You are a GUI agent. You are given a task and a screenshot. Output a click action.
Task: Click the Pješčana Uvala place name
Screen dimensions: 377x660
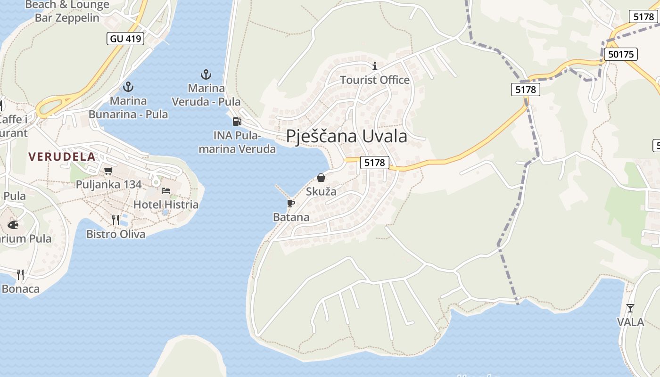point(346,136)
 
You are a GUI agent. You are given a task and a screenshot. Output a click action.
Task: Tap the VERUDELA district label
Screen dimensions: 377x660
point(62,156)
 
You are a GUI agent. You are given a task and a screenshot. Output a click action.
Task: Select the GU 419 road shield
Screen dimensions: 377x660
point(126,39)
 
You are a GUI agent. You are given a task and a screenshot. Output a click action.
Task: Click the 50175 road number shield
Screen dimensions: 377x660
point(621,54)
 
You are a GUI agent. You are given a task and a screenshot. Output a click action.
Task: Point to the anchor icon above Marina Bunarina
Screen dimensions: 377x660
point(128,87)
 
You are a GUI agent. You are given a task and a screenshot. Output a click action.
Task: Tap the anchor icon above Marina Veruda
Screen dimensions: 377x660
point(206,74)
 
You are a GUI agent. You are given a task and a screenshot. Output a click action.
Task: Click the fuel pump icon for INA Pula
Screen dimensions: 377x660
point(237,122)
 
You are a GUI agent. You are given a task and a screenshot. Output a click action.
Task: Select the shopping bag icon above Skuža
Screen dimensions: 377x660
point(321,178)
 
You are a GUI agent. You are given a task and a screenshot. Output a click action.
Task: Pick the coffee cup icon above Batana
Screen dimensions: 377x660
point(291,203)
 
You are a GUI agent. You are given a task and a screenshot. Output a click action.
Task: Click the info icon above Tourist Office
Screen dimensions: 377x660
point(375,66)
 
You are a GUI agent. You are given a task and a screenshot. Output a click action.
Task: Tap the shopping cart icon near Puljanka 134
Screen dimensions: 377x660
point(108,171)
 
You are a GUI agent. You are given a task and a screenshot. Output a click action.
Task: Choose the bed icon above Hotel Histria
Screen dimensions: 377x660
point(166,191)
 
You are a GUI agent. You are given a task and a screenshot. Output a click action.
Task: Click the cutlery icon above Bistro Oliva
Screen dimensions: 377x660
point(115,220)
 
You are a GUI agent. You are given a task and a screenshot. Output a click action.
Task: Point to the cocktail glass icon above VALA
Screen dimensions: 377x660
point(630,308)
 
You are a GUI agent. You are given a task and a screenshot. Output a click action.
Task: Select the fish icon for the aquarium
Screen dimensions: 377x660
point(13,225)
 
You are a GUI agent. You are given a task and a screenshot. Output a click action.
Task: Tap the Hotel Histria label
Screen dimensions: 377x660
point(166,205)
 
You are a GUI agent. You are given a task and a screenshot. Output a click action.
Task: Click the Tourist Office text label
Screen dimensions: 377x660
point(375,80)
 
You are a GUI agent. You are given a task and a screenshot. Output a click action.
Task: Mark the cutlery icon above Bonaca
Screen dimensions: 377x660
point(20,274)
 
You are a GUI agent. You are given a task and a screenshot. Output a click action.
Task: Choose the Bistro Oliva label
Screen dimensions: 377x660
point(116,234)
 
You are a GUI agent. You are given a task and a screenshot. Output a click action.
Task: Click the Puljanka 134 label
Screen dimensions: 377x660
point(109,184)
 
